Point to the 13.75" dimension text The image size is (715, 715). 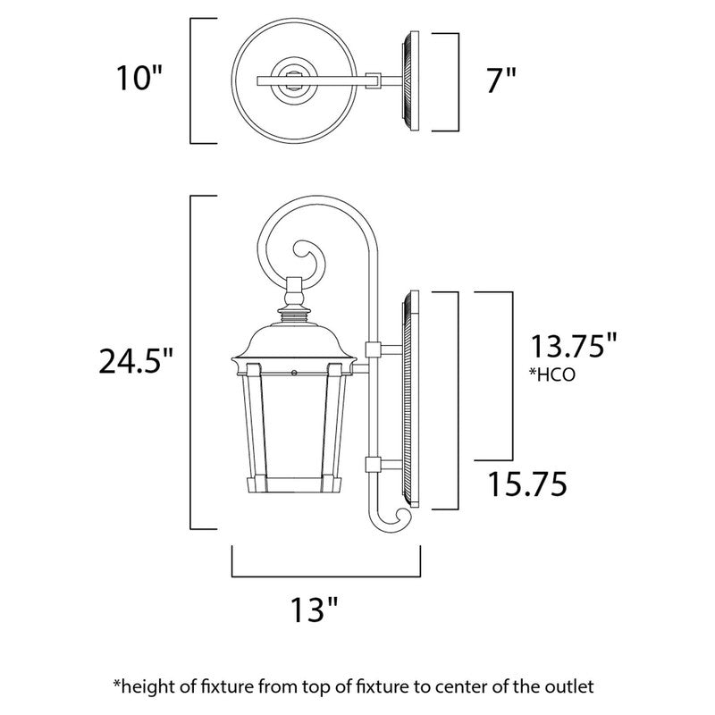point(574,346)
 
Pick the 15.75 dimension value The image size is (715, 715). point(527,485)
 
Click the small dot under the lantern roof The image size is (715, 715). point(294,369)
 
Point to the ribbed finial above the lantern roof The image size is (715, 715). point(293,313)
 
